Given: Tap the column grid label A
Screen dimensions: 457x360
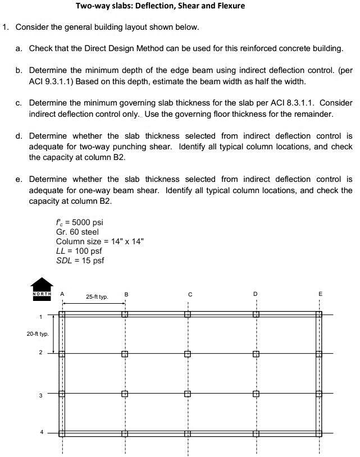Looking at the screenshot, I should pyautogui.click(x=62, y=294).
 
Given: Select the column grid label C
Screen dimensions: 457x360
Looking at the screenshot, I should pyautogui.click(x=190, y=294).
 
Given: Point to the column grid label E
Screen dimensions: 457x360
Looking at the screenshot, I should pyautogui.click(x=320, y=294).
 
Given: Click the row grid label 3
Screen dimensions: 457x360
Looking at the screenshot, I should pyautogui.click(x=40, y=395).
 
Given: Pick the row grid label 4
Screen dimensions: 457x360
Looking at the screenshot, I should pyautogui.click(x=40, y=432).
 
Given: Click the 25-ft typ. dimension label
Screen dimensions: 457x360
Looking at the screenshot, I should pyautogui.click(x=97, y=296).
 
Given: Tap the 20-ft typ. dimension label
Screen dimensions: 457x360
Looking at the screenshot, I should pyautogui.click(x=38, y=334).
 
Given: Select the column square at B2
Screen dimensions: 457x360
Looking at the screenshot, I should pyautogui.click(x=125, y=354).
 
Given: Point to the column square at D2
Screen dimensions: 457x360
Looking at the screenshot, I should pyautogui.click(x=256, y=354).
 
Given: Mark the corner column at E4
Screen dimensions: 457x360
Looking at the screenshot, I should pyautogui.click(x=318, y=433).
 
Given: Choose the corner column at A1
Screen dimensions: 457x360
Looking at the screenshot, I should pyautogui.click(x=62, y=314).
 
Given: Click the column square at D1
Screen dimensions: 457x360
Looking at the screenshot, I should pyautogui.click(x=256, y=314).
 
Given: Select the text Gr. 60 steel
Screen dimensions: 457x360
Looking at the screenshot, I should pyautogui.click(x=78, y=232).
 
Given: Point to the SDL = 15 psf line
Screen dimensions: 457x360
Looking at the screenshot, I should pyautogui.click(x=80, y=261).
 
